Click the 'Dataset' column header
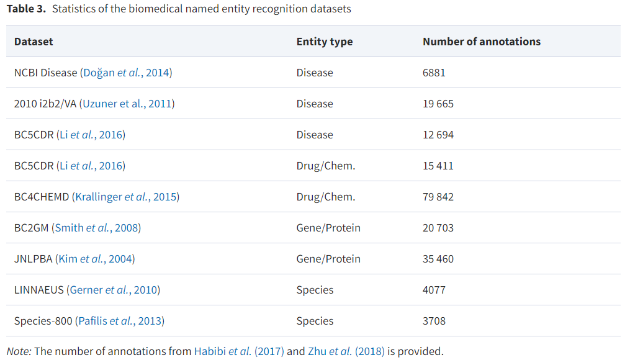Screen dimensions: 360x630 (34, 42)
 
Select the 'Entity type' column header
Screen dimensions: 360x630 (324, 42)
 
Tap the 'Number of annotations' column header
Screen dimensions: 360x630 (481, 42)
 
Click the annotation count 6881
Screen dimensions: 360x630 (434, 73)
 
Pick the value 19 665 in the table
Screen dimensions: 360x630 (438, 104)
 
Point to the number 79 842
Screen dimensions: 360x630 (438, 197)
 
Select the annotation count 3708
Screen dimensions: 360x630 (434, 321)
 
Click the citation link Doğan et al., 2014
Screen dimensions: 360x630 (127, 73)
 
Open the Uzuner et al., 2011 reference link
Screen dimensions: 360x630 (128, 104)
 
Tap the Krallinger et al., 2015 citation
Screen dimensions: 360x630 (127, 197)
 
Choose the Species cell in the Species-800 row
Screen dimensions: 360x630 (315, 321)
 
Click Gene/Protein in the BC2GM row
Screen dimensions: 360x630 (328, 228)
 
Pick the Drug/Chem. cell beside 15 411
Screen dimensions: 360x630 (325, 166)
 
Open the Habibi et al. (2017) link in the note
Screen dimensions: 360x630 (239, 351)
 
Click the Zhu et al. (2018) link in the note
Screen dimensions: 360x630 (346, 351)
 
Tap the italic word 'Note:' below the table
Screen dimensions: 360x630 (19, 351)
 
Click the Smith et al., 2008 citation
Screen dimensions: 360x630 (96, 228)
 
